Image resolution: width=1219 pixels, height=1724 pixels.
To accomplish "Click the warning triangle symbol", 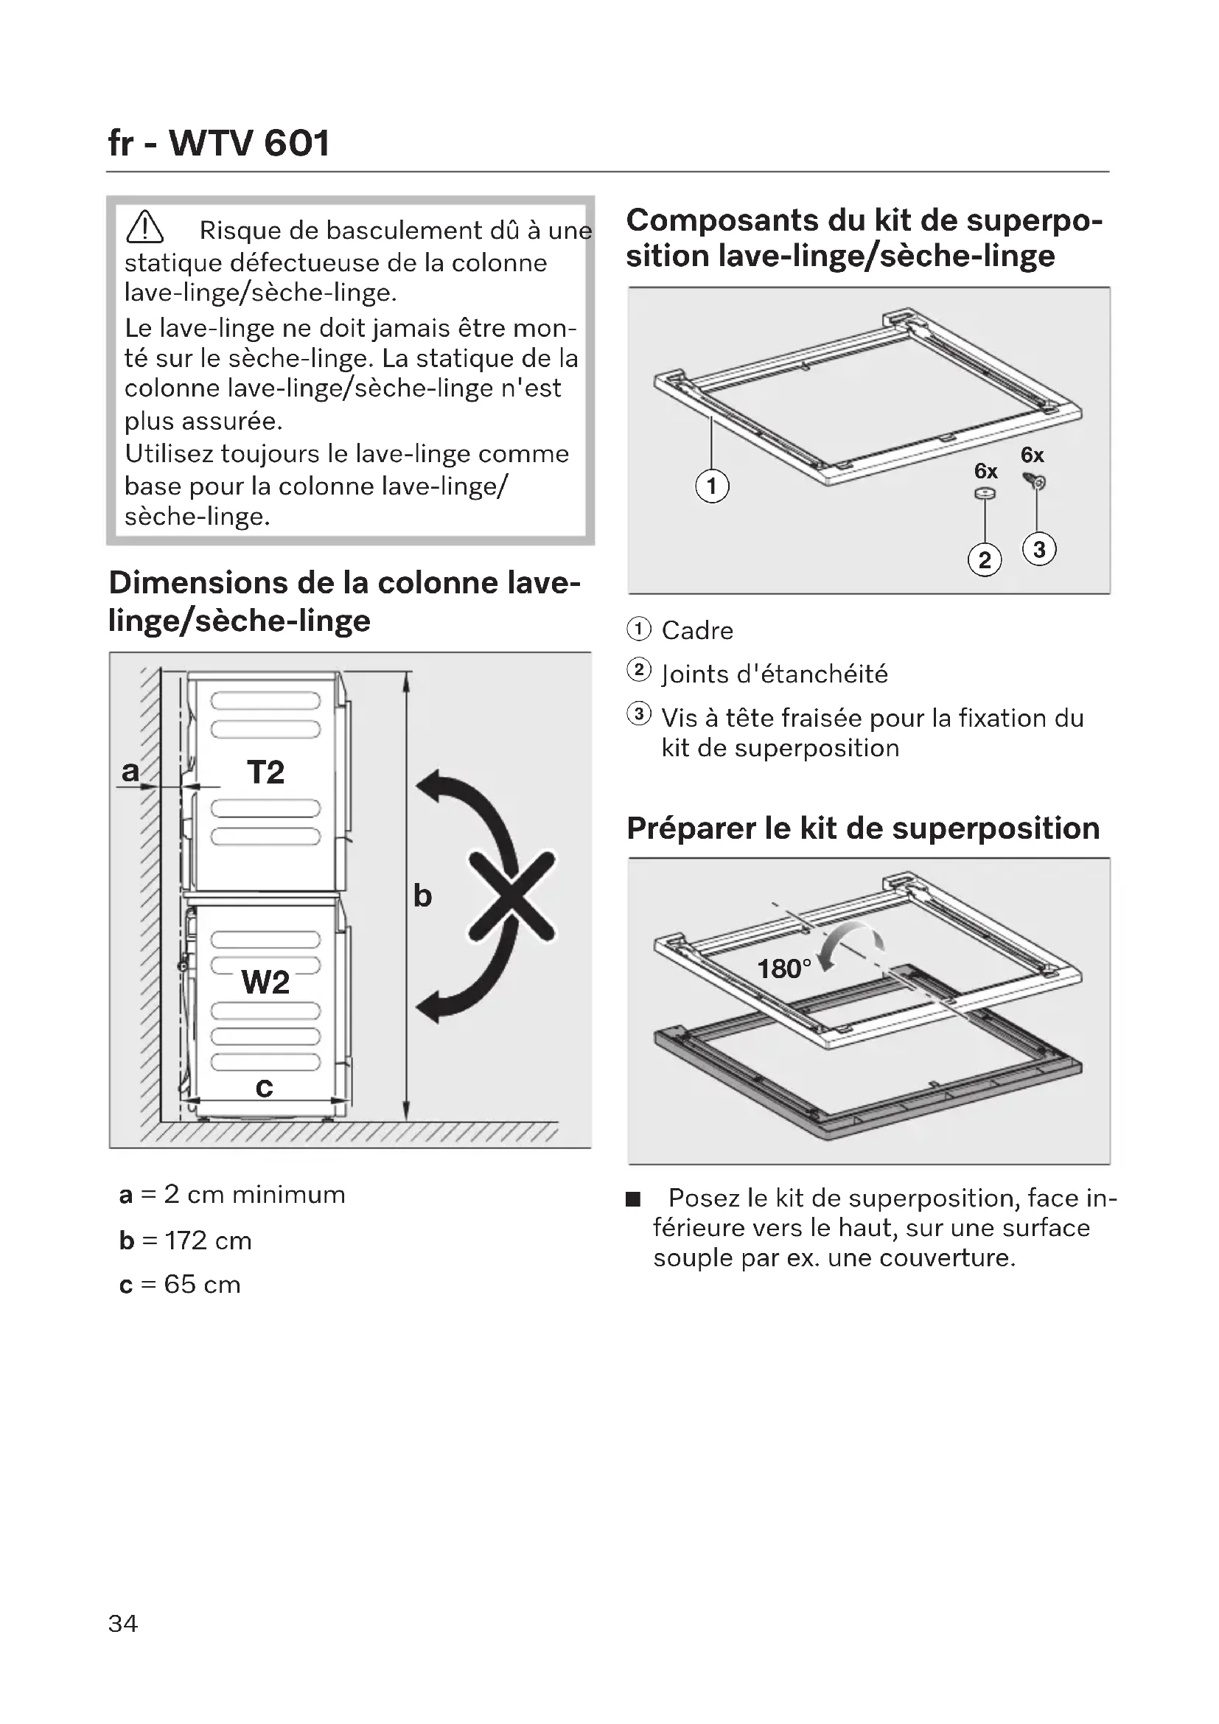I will [145, 228].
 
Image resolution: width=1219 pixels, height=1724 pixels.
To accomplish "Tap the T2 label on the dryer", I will [266, 772].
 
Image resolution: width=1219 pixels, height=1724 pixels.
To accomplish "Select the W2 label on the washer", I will [265, 982].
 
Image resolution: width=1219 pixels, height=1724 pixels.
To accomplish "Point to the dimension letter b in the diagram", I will [422, 896].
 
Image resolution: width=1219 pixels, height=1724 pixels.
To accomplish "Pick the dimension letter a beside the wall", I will [130, 770].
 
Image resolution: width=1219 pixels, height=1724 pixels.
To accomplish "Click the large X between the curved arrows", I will [512, 896].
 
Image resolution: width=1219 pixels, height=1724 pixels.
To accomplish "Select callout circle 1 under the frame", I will [712, 486].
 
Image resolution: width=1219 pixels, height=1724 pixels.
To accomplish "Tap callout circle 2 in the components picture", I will [985, 560].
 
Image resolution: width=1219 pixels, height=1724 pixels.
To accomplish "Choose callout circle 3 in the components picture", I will [1039, 550].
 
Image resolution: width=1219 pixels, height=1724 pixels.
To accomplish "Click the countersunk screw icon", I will [1034, 481].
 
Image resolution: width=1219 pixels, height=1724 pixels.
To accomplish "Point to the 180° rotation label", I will [783, 969].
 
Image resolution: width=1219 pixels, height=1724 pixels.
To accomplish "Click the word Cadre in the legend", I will [696, 631].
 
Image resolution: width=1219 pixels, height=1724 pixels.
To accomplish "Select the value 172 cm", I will [208, 1240].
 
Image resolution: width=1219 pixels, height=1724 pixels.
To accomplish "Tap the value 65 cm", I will [202, 1285].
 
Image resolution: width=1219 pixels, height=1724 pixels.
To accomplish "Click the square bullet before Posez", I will [634, 1199].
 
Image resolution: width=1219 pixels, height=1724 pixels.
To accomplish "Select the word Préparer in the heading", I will [691, 828].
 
